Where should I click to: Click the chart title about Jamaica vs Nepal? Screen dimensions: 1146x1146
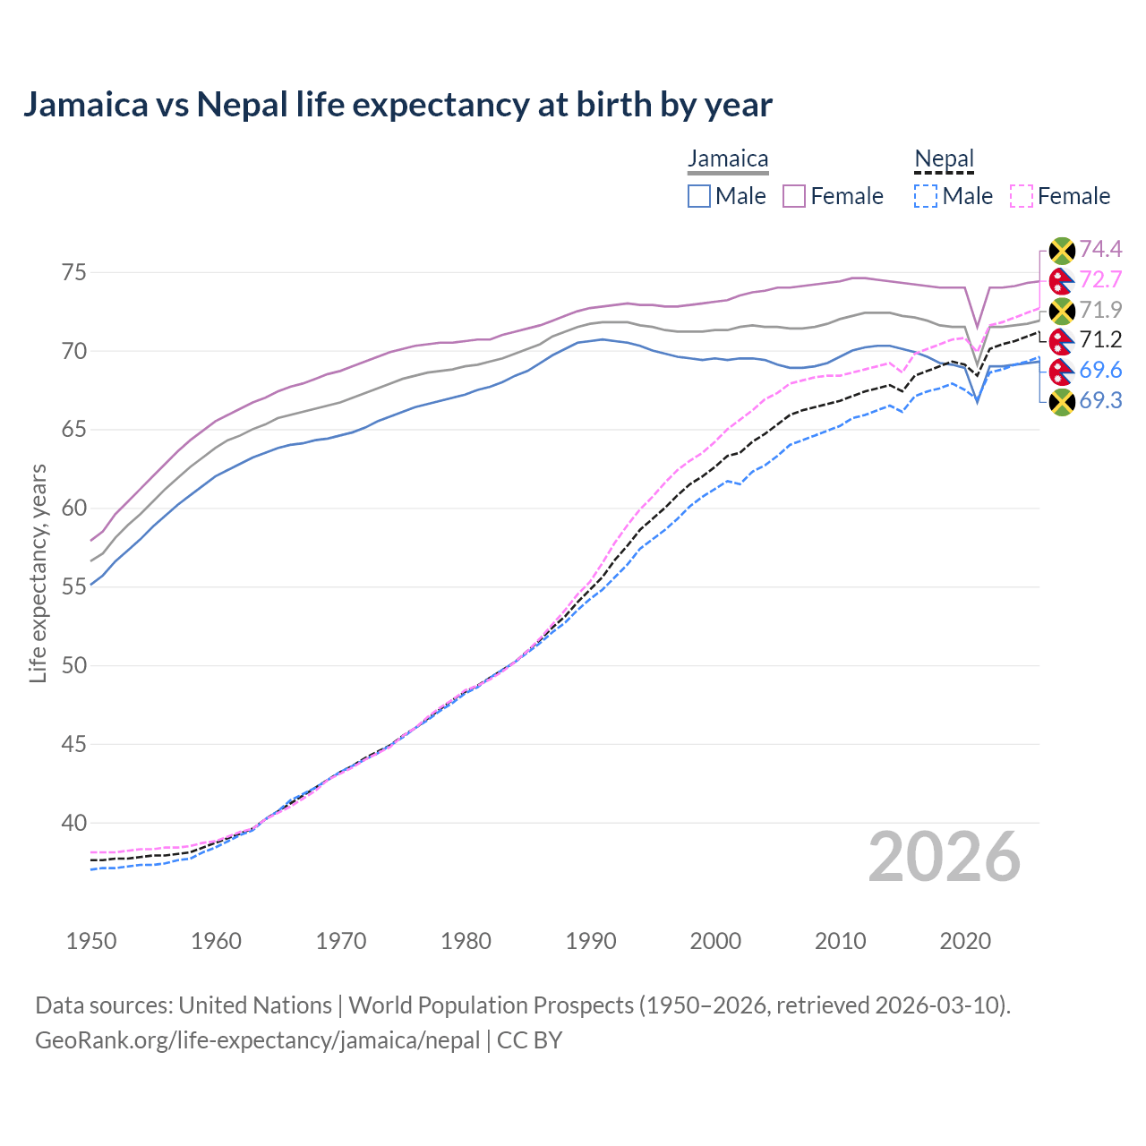[398, 105]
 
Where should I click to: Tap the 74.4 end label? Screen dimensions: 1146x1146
[1100, 249]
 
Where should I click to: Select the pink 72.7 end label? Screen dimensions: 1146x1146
[1100, 279]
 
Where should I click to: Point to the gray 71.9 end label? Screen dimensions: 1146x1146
[1100, 310]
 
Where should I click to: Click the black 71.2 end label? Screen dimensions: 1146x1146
[1100, 339]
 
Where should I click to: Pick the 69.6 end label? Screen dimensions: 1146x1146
[1100, 370]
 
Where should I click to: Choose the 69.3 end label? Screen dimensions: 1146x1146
[1100, 400]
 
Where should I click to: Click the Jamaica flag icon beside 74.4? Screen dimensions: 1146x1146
[1061, 250]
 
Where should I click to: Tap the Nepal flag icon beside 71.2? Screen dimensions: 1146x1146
[1061, 340]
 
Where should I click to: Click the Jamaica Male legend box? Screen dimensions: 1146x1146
[699, 196]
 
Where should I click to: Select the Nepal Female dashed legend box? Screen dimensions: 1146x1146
[1022, 196]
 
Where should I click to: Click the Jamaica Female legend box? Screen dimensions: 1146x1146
[794, 196]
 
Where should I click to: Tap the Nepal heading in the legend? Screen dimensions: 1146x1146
[944, 159]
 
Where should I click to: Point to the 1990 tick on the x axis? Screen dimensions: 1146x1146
[591, 941]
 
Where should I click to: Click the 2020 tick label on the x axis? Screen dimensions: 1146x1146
[965, 941]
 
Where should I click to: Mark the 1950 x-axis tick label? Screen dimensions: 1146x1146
[91, 941]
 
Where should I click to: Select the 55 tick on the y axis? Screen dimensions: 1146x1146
[74, 586]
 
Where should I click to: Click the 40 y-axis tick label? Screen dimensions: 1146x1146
[74, 823]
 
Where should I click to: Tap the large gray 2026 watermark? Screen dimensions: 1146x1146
[944, 858]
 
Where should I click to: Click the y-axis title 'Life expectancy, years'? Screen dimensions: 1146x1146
[38, 573]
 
